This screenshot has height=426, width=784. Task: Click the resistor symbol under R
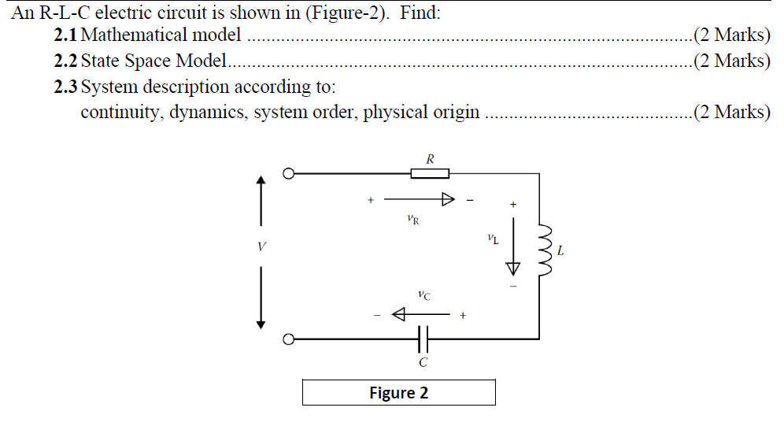click(431, 173)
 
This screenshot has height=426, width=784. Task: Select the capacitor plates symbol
click(423, 339)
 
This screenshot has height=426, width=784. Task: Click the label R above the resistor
click(430, 159)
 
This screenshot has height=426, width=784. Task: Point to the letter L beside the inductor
click(560, 252)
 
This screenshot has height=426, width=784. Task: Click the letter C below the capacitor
click(423, 363)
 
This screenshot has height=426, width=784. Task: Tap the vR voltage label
click(414, 220)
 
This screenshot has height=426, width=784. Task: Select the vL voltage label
click(493, 239)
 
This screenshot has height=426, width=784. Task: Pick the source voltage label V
click(261, 247)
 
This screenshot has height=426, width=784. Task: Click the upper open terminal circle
click(289, 173)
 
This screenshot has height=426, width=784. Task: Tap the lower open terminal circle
click(289, 339)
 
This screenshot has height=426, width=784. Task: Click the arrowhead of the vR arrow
click(448, 200)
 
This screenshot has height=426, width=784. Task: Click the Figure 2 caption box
click(398, 392)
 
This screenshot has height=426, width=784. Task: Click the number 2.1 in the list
click(66, 35)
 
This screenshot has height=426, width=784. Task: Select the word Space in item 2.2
click(150, 61)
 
